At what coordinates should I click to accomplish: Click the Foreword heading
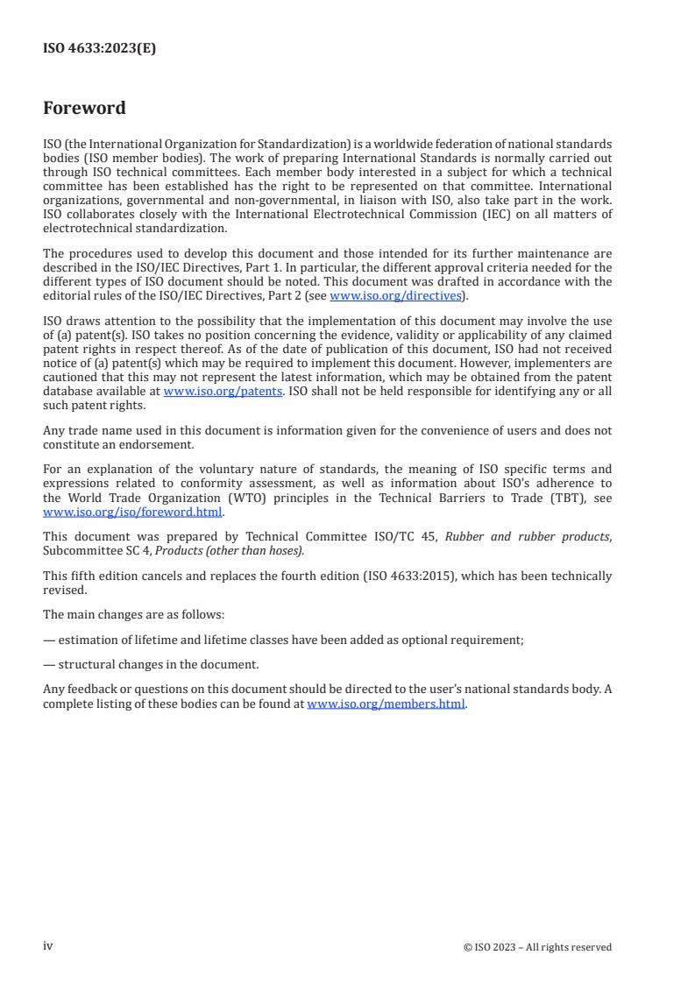84,109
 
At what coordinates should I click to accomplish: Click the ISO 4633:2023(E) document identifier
100,49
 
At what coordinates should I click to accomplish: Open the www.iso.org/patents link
223,392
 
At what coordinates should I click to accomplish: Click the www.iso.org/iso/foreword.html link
133,513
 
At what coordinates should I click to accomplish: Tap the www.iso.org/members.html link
386,704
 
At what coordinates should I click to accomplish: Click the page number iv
48,946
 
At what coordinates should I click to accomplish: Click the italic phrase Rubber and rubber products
527,536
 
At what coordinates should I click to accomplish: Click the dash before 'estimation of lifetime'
48,640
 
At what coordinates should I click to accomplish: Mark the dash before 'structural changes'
48,664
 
